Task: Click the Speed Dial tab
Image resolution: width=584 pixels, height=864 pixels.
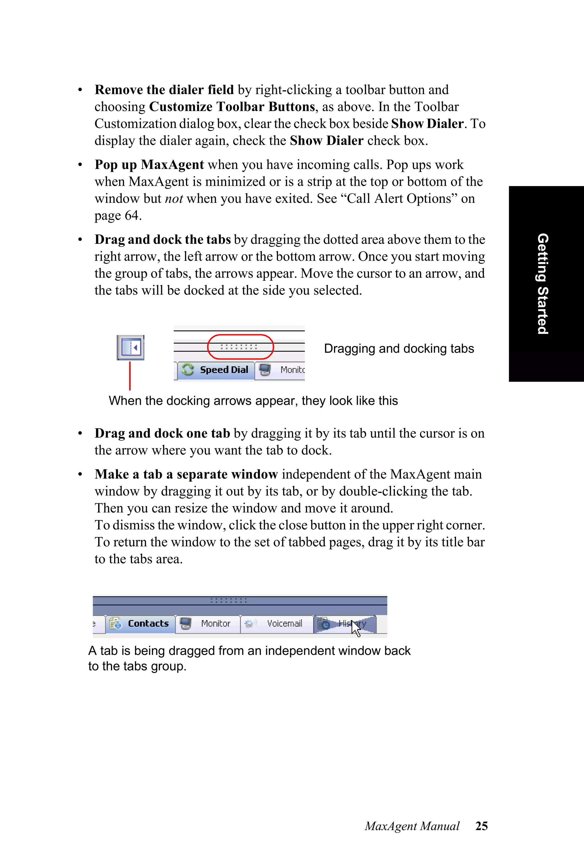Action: [x=216, y=370]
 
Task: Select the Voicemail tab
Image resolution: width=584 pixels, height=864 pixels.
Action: [x=277, y=623]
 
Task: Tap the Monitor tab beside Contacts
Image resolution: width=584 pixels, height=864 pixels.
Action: [x=208, y=623]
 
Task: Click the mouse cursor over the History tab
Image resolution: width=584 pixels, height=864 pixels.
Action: [x=356, y=629]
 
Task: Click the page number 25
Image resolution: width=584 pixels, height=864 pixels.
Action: [x=481, y=826]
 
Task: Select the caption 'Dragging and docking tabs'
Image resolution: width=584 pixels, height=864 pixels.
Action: [x=399, y=348]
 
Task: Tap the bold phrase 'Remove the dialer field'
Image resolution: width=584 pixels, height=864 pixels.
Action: [x=164, y=90]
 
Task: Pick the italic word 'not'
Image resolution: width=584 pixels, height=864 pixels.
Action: [x=174, y=199]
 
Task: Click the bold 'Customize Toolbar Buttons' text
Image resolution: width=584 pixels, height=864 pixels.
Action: [x=232, y=107]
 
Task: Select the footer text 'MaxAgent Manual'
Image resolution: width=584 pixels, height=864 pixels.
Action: [x=412, y=826]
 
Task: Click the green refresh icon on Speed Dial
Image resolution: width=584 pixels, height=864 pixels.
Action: [x=188, y=370]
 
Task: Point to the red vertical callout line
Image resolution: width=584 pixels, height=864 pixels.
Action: [x=130, y=376]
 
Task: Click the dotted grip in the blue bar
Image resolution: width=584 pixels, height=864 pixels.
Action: [x=228, y=600]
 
